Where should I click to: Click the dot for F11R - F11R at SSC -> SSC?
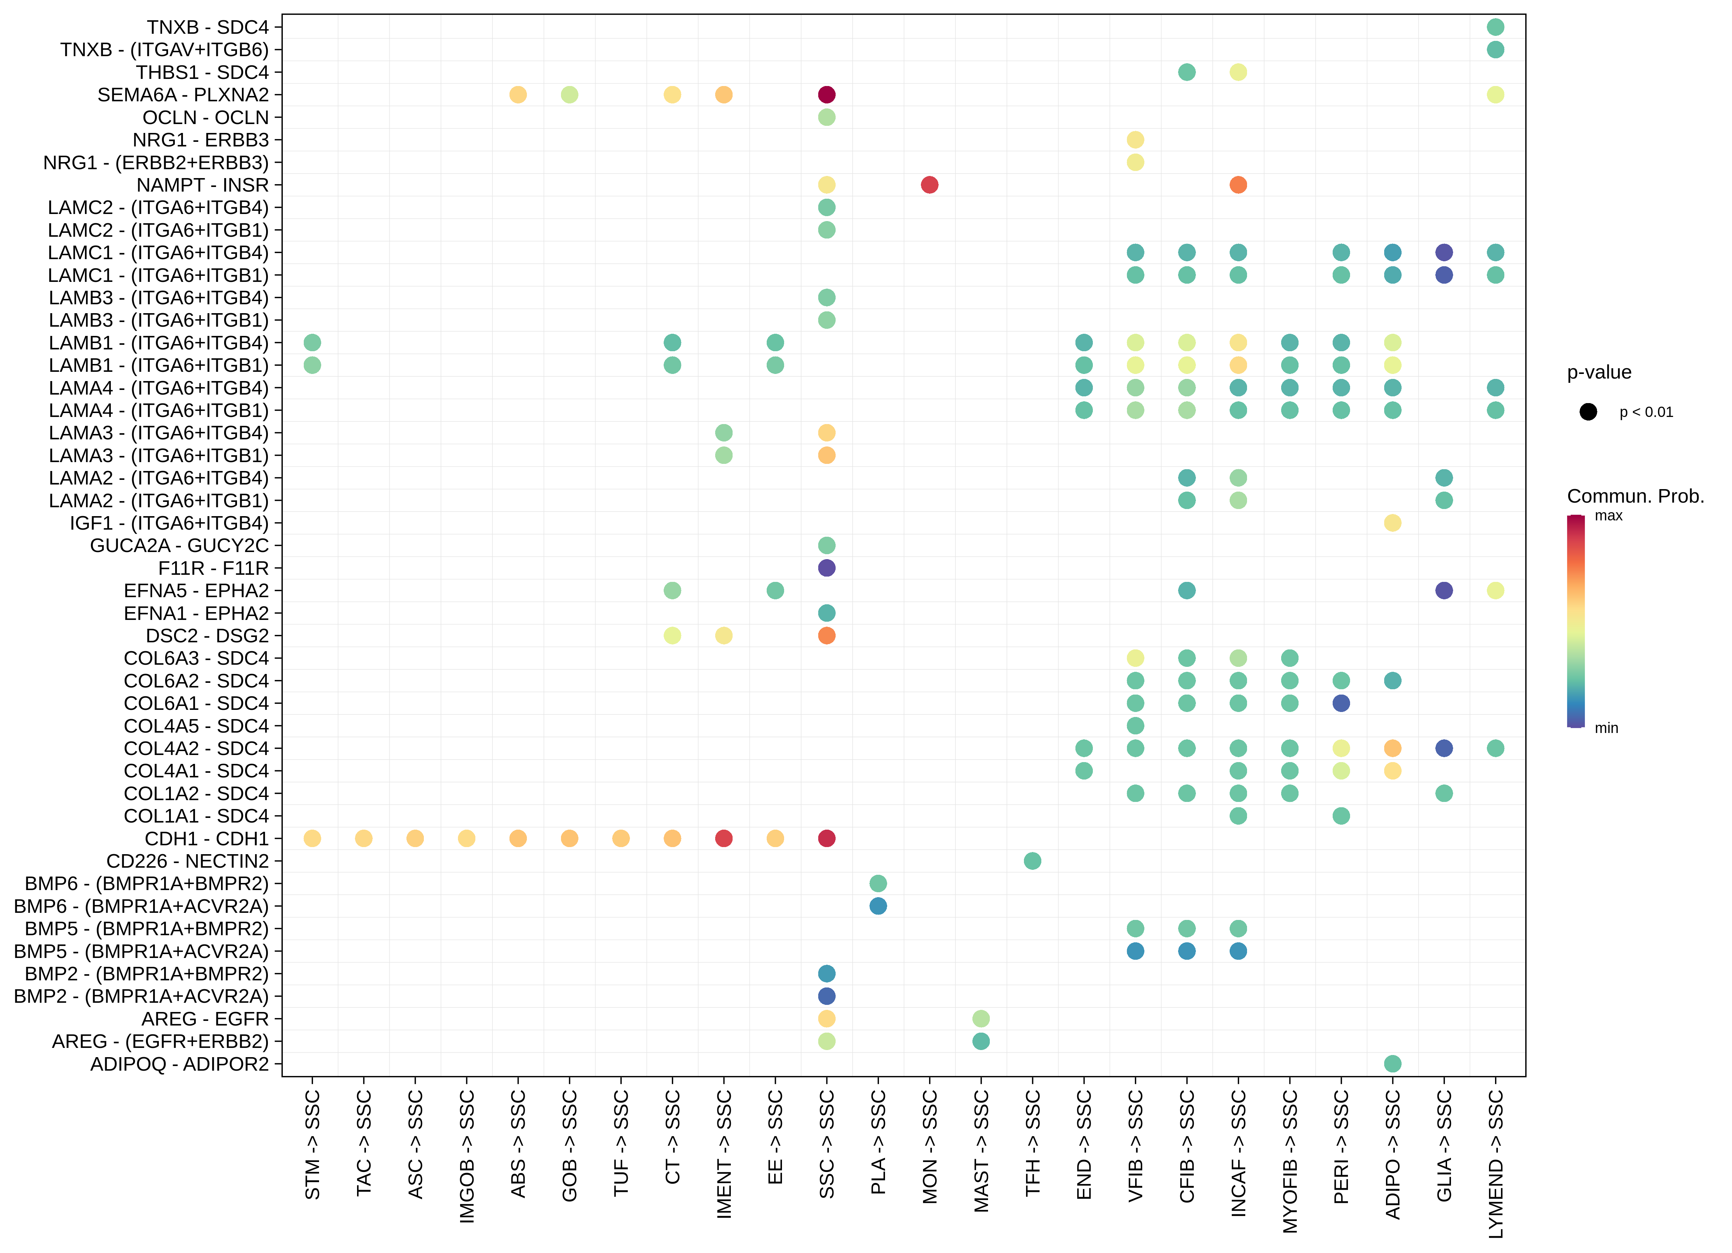coord(826,568)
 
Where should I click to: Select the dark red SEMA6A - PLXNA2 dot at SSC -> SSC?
coord(826,95)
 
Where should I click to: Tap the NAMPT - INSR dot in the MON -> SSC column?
coord(929,185)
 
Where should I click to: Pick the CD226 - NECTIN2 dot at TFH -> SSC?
coord(1032,861)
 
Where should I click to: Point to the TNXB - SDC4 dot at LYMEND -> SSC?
coord(1495,27)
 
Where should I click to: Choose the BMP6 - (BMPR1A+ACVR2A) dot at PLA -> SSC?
coord(878,906)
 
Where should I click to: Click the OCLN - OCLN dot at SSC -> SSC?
coord(826,118)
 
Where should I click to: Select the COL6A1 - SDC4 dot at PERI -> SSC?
coord(1341,703)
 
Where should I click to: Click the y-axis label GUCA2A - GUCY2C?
coord(179,546)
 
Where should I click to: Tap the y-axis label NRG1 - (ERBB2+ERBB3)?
coord(156,163)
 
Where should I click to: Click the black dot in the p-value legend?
coord(1588,412)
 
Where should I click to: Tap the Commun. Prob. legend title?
coord(1635,497)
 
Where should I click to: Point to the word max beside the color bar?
coord(1608,516)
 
